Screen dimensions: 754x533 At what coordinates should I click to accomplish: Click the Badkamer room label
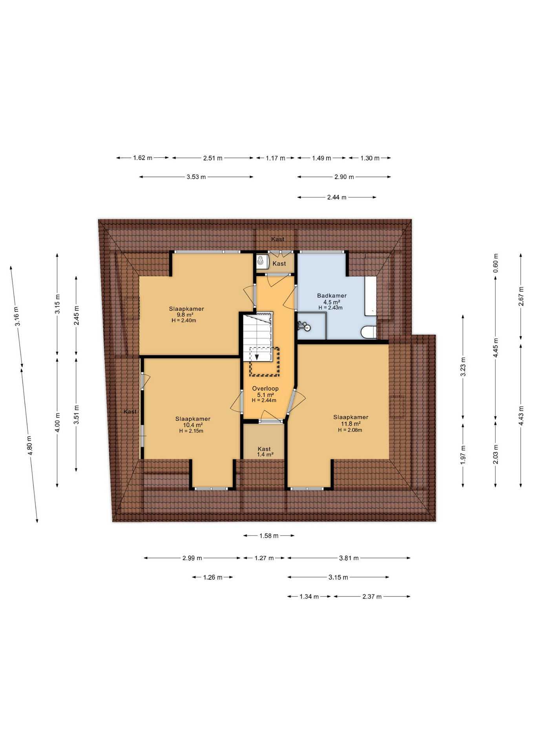click(x=332, y=296)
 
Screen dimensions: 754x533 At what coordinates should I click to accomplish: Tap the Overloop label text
click(x=265, y=388)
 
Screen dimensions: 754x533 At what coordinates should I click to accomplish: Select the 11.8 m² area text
click(x=350, y=424)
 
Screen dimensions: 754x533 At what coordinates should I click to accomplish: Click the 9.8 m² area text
click(x=184, y=315)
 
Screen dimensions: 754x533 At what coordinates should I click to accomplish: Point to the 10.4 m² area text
click(x=193, y=425)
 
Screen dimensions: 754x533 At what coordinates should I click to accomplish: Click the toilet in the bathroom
click(x=368, y=332)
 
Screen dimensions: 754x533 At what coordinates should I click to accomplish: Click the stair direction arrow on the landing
click(x=257, y=357)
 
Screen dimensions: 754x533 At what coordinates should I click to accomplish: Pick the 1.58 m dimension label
click(x=269, y=536)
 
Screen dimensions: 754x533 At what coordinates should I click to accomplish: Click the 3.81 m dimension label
click(x=349, y=558)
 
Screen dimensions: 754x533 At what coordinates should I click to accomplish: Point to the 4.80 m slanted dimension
click(x=30, y=446)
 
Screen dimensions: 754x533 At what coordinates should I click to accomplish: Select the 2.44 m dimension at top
click(x=337, y=197)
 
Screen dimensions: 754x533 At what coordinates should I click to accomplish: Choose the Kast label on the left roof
click(x=130, y=412)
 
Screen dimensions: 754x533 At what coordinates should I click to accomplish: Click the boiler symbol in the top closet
click(x=260, y=261)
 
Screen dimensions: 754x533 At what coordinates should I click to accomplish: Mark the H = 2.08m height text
click(x=350, y=430)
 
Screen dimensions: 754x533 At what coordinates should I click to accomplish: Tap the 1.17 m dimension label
click(x=275, y=158)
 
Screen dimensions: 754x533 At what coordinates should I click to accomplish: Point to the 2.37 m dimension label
click(x=372, y=597)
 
